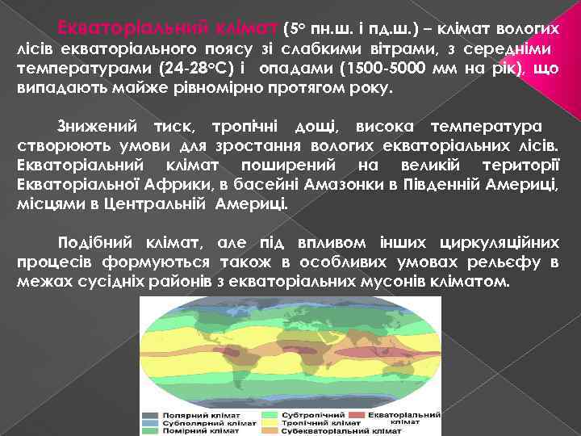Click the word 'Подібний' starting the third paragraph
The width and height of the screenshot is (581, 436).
pyautogui.click(x=96, y=242)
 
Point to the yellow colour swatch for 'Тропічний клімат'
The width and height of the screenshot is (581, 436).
pyautogui.click(x=265, y=422)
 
